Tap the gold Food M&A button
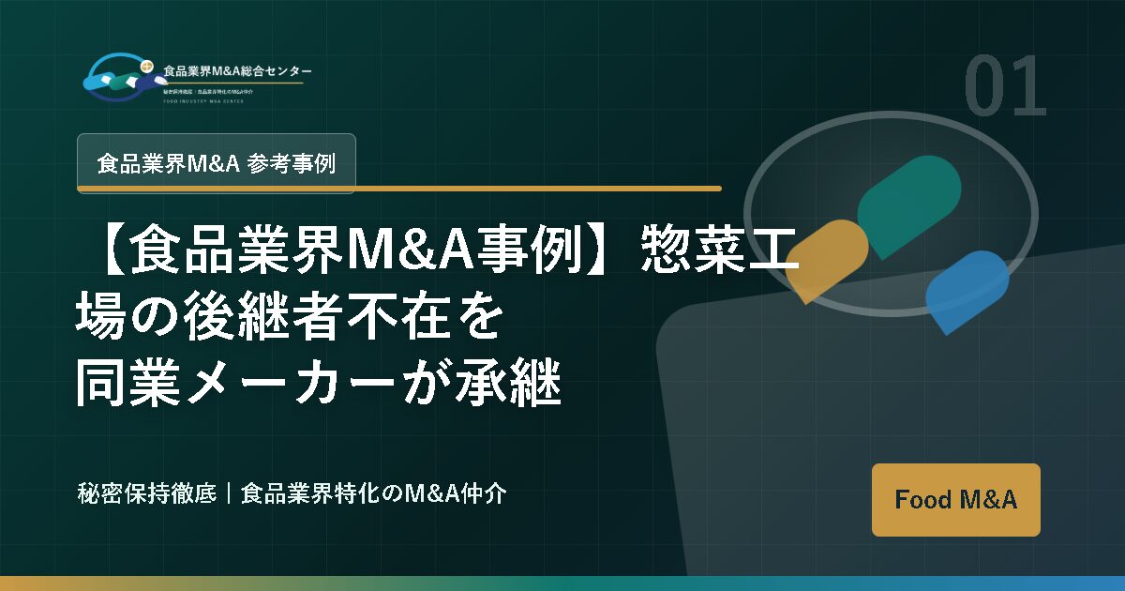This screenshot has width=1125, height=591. [955, 499]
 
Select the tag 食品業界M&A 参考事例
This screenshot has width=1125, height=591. [216, 162]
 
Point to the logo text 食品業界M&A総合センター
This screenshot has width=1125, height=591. [237, 71]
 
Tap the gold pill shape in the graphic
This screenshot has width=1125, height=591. [826, 261]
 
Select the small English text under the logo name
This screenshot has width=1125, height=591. [202, 100]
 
